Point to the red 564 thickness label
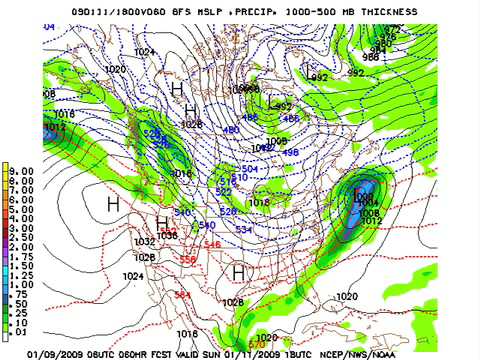pos(182,295)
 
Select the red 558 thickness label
pos(188,260)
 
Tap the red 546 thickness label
pos(212,245)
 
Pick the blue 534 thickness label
pos(243,230)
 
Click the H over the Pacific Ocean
pos(112,204)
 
